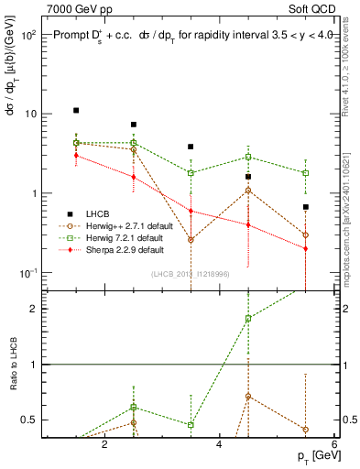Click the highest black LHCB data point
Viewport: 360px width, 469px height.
point(76,110)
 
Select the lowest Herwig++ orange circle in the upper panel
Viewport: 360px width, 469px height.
point(191,240)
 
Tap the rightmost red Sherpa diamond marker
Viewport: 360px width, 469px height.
point(306,249)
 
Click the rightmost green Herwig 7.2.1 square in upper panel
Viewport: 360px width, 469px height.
point(306,173)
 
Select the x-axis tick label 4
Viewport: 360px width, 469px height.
point(220,445)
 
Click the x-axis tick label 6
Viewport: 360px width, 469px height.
point(334,445)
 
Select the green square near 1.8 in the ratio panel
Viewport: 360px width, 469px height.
point(248,319)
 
